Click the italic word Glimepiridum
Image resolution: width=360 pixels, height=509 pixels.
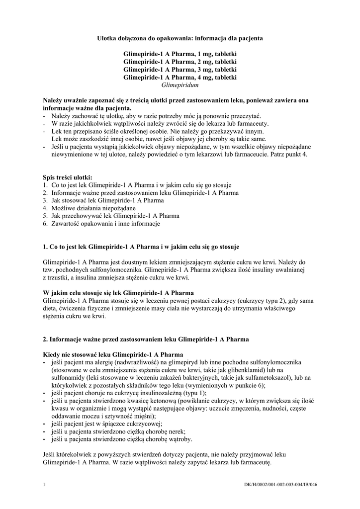[180, 85]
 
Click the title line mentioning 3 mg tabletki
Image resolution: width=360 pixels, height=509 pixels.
[180, 69]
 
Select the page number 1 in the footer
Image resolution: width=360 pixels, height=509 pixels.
[45, 485]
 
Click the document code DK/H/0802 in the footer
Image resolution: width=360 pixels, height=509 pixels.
[280, 485]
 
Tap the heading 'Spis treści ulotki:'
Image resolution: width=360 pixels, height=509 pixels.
[67, 177]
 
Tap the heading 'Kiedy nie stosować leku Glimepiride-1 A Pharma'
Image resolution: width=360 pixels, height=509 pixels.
[113, 354]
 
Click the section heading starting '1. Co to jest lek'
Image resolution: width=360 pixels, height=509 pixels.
[141, 246]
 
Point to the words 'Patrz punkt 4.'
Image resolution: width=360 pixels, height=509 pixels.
[290, 155]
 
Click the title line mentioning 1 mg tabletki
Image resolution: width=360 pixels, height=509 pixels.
[180, 53]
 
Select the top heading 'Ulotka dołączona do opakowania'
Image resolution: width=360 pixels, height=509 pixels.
[180, 38]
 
